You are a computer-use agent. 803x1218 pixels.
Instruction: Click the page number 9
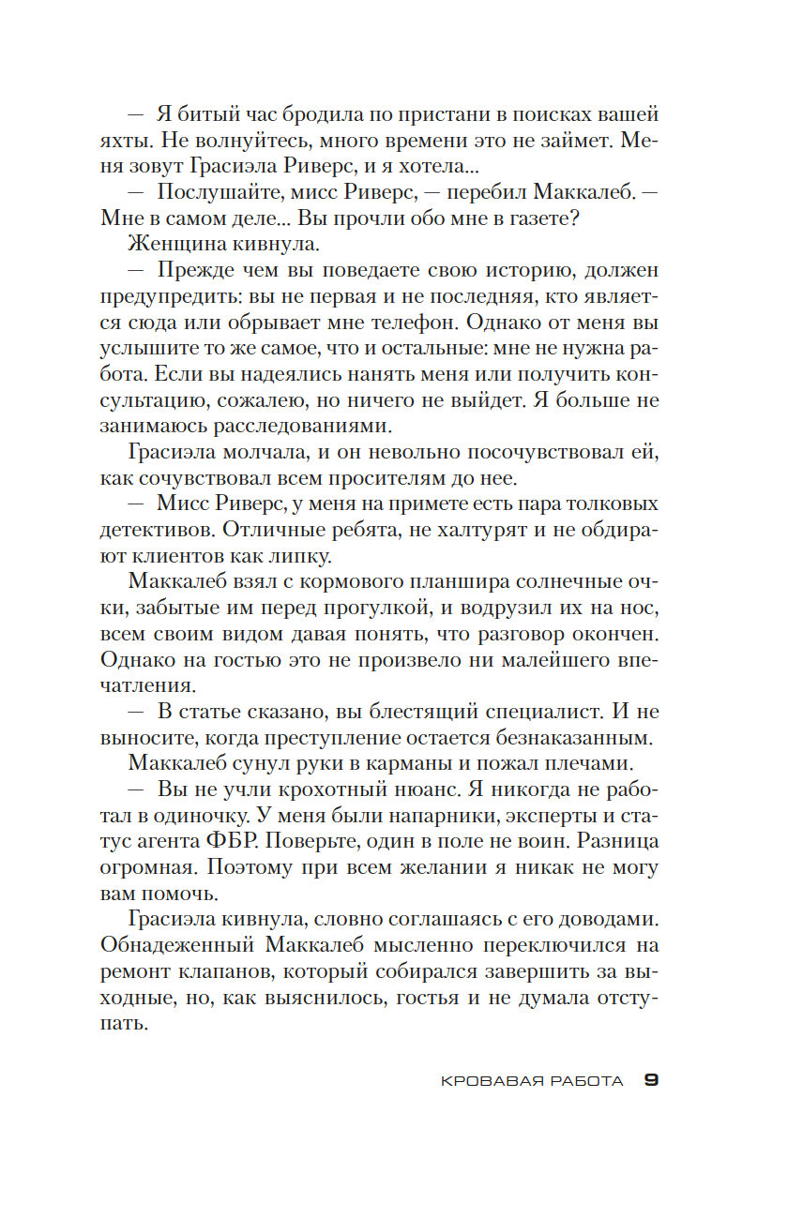[x=651, y=1080]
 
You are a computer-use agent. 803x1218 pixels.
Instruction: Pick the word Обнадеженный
[x=188, y=947]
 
